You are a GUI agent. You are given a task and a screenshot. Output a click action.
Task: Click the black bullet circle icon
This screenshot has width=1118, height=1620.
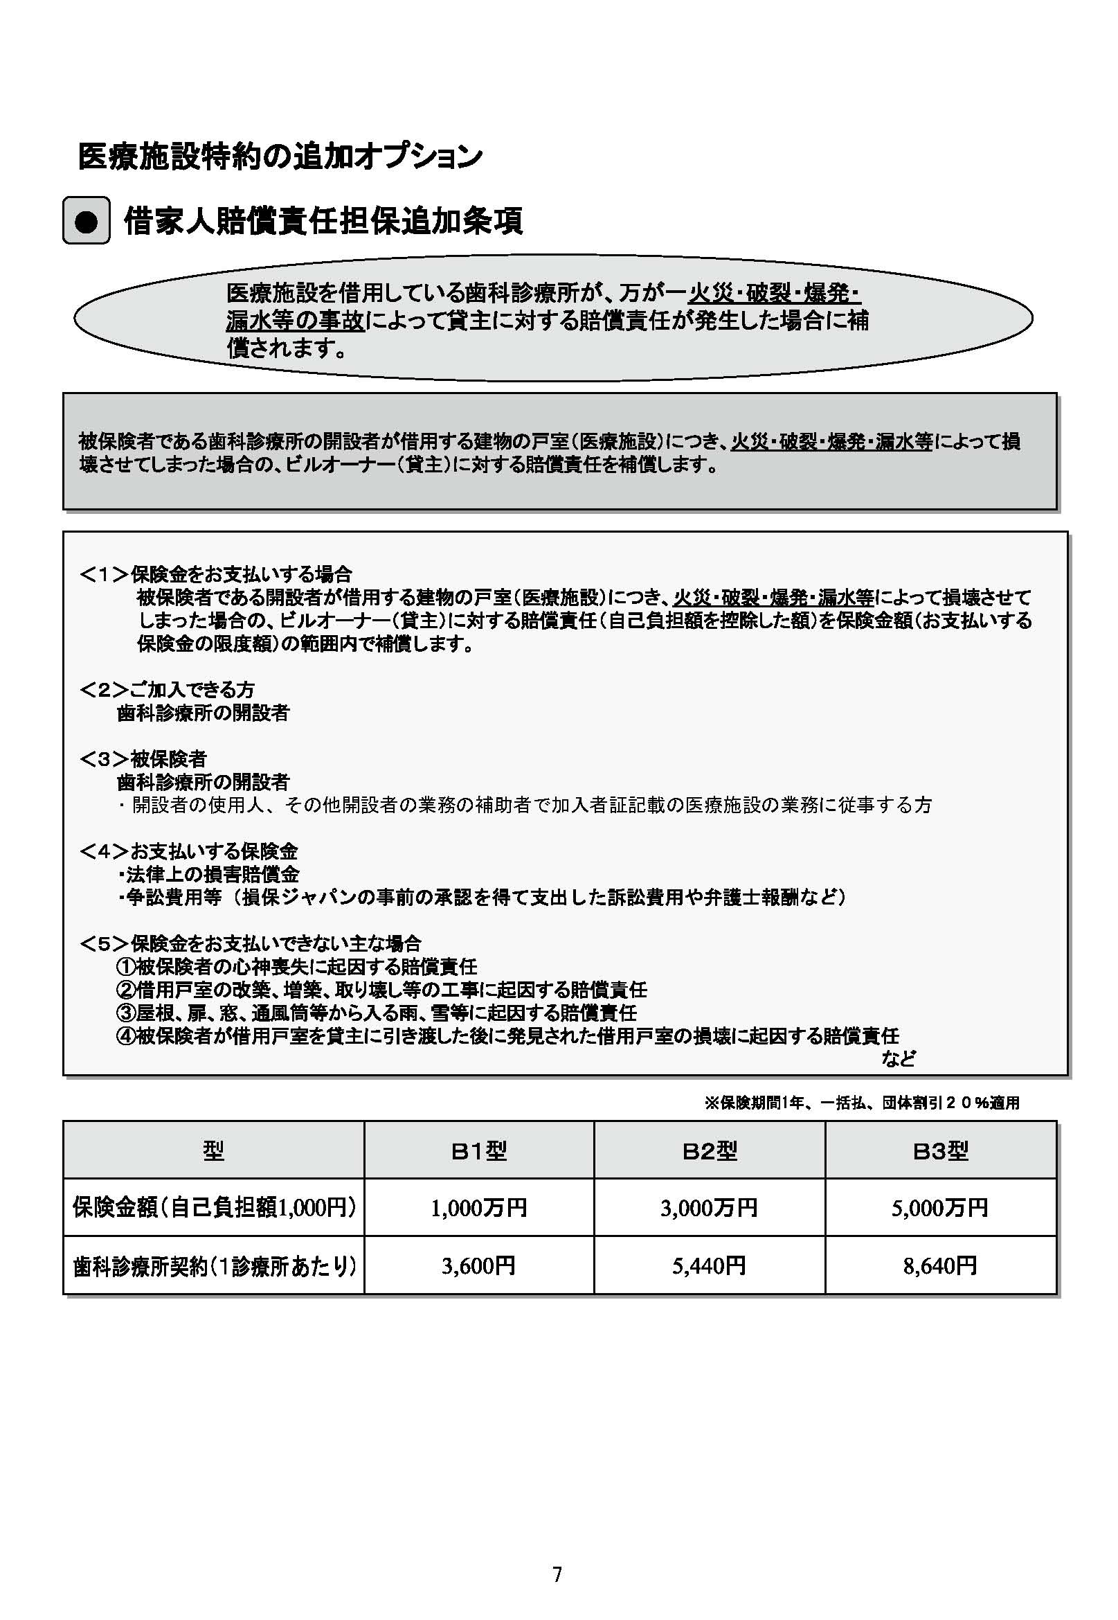click(86, 221)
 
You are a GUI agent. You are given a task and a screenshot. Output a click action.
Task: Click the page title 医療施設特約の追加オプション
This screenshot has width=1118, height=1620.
click(280, 156)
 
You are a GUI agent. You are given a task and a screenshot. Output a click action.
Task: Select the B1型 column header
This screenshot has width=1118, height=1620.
click(478, 1151)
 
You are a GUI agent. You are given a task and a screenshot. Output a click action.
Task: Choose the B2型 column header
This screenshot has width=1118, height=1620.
click(709, 1151)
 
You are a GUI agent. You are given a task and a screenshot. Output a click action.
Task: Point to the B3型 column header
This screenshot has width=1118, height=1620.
click(940, 1151)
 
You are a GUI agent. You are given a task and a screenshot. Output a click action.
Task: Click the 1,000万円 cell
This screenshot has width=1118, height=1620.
click(478, 1208)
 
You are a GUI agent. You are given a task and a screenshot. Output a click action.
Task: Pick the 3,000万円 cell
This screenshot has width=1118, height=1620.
click(709, 1208)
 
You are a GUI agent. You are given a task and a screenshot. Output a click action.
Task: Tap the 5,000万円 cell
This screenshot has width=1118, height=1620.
click(940, 1208)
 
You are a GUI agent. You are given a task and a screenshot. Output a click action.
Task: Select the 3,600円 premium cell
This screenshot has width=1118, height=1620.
click(478, 1265)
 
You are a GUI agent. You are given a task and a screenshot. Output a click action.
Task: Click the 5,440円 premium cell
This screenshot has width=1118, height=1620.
click(709, 1265)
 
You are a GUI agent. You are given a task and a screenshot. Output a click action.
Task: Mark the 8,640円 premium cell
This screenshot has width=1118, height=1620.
click(940, 1265)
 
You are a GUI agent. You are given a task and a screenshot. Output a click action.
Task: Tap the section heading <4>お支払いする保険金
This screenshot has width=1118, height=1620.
click(188, 851)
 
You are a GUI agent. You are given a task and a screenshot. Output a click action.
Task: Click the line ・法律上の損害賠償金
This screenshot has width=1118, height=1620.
click(208, 875)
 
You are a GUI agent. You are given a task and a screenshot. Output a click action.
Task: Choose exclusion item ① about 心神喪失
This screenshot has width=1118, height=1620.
click(296, 967)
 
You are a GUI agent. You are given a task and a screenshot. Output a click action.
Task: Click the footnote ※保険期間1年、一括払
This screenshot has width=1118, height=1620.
click(862, 1103)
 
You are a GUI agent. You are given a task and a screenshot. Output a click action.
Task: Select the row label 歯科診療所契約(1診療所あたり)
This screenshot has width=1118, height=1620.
click(215, 1265)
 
